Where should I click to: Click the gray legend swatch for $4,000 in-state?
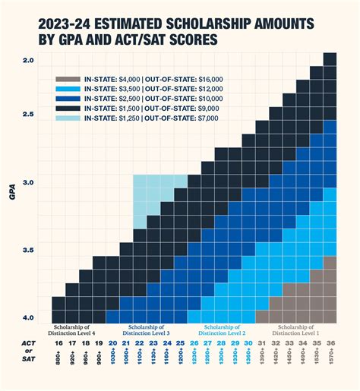tap(68, 80)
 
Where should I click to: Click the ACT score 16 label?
tap(58, 343)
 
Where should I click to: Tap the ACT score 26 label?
tap(194, 343)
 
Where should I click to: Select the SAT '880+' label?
tap(58, 363)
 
